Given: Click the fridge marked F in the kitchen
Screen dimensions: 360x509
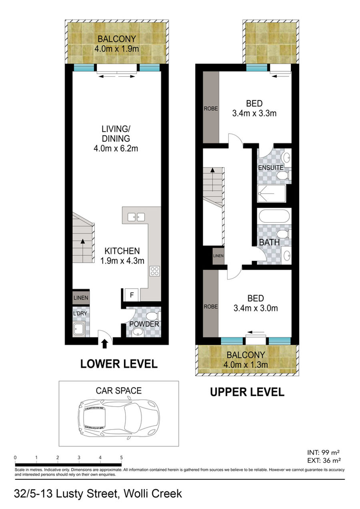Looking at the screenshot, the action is click(132, 295).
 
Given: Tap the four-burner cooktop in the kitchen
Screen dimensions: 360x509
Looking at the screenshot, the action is click(154, 271).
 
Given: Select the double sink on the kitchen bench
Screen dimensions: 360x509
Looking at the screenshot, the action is click(136, 217).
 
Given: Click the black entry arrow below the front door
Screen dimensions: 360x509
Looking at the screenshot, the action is click(104, 344).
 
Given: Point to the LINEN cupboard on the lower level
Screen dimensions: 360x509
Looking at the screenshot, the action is click(81, 297).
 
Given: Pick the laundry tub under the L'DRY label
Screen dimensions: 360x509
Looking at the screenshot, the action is click(79, 329).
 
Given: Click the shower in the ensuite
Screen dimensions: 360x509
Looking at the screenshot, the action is click(271, 194).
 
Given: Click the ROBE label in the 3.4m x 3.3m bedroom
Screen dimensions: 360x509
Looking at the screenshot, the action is click(211, 109).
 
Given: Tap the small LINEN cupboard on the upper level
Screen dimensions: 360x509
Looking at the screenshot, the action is click(218, 256).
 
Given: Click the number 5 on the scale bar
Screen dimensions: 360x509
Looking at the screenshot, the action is click(121, 458).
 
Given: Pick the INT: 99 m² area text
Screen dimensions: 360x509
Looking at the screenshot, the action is click(324, 452).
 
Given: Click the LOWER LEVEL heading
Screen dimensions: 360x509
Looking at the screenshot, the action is click(119, 364).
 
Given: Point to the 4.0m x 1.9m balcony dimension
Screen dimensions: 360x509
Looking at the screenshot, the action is click(116, 49).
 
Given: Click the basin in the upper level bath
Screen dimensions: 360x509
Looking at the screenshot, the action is click(286, 255).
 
